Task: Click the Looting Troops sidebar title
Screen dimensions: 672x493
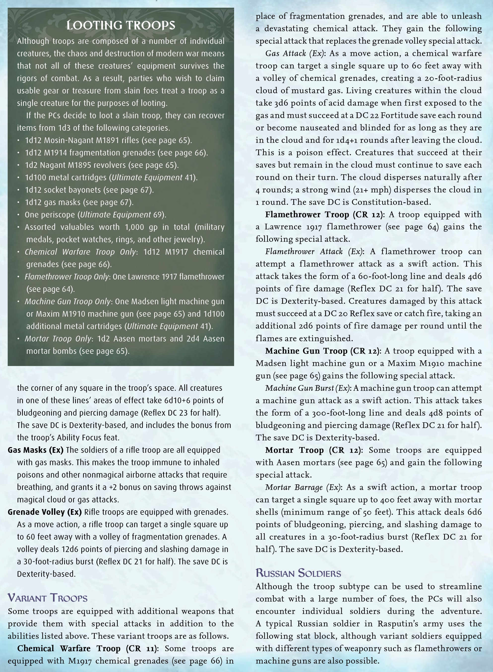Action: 121,25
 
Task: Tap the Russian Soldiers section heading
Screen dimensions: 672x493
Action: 298,573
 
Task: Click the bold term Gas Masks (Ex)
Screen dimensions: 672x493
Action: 35,450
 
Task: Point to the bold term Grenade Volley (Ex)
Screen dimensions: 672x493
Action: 45,512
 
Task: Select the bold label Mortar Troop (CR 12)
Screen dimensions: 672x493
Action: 314,450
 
